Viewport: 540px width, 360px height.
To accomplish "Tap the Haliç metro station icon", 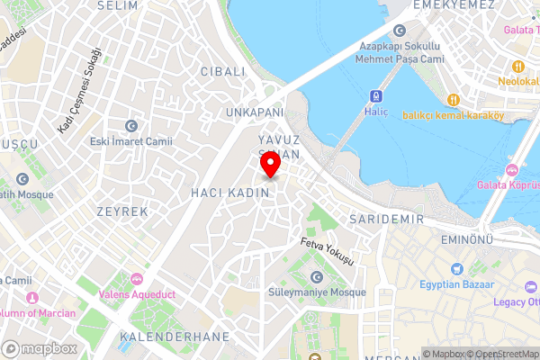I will pos(374,95).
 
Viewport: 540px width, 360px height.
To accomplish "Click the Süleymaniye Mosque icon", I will pos(316,276).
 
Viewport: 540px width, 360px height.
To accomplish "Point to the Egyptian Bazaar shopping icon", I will pos(456,268).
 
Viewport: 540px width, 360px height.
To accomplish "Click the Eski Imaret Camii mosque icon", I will pos(132,125).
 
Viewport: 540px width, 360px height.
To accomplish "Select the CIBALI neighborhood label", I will pos(222,71).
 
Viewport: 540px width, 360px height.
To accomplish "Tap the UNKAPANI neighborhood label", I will pos(254,112).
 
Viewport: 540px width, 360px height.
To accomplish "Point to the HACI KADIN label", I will pos(224,193).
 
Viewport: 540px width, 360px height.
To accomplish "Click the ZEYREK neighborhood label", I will pos(121,211).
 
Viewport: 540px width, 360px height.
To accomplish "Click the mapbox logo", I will pos(40,348).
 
